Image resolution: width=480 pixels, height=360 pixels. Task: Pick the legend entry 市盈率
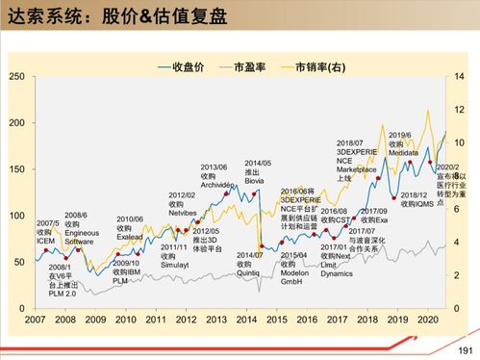click(x=258, y=67)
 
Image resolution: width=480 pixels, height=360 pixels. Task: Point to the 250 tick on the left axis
click(x=17, y=76)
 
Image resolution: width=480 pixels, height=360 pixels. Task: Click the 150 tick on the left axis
click(x=17, y=168)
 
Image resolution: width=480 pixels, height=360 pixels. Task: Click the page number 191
click(x=467, y=349)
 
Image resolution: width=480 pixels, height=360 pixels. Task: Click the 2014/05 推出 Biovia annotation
click(x=258, y=171)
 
